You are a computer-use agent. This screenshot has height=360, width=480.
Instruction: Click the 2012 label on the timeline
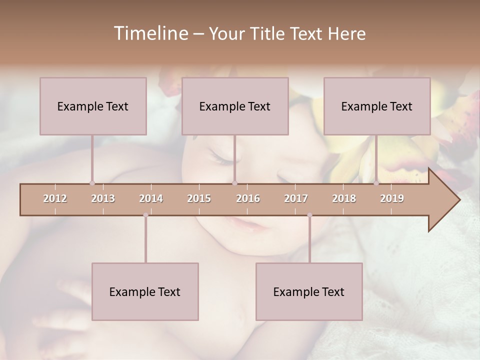pos(55,198)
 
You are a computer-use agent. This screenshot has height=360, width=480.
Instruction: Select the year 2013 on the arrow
pos(103,198)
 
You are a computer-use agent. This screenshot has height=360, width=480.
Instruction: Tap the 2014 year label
pos(151,198)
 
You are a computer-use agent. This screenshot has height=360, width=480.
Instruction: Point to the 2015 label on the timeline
pos(199,198)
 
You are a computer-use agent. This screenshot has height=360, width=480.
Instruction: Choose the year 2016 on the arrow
pos(248,198)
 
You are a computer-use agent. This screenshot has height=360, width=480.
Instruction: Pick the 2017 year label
pos(296,198)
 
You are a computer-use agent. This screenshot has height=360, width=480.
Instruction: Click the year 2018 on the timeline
pos(344,198)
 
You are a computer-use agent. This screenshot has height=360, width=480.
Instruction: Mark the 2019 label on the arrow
pos(392,198)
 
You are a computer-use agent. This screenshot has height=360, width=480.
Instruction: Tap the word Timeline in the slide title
pos(150,33)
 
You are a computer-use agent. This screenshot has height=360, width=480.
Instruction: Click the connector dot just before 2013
pos(92,183)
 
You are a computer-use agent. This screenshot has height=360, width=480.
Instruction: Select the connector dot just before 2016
pos(234,183)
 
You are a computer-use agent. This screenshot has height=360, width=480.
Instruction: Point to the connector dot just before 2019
pos(376,183)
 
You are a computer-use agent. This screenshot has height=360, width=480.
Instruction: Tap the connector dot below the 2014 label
pos(145,215)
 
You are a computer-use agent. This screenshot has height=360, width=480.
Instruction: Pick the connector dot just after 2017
pos(309,215)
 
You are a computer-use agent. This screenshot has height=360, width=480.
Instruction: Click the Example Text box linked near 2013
pos(93,106)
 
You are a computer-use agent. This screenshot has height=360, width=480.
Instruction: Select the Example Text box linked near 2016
pos(235,106)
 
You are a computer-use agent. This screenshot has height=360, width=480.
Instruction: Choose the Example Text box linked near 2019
pos(377,106)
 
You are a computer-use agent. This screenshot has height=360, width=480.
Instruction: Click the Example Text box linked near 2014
pos(145,291)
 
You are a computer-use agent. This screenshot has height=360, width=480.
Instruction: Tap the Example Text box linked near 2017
pos(309,291)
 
